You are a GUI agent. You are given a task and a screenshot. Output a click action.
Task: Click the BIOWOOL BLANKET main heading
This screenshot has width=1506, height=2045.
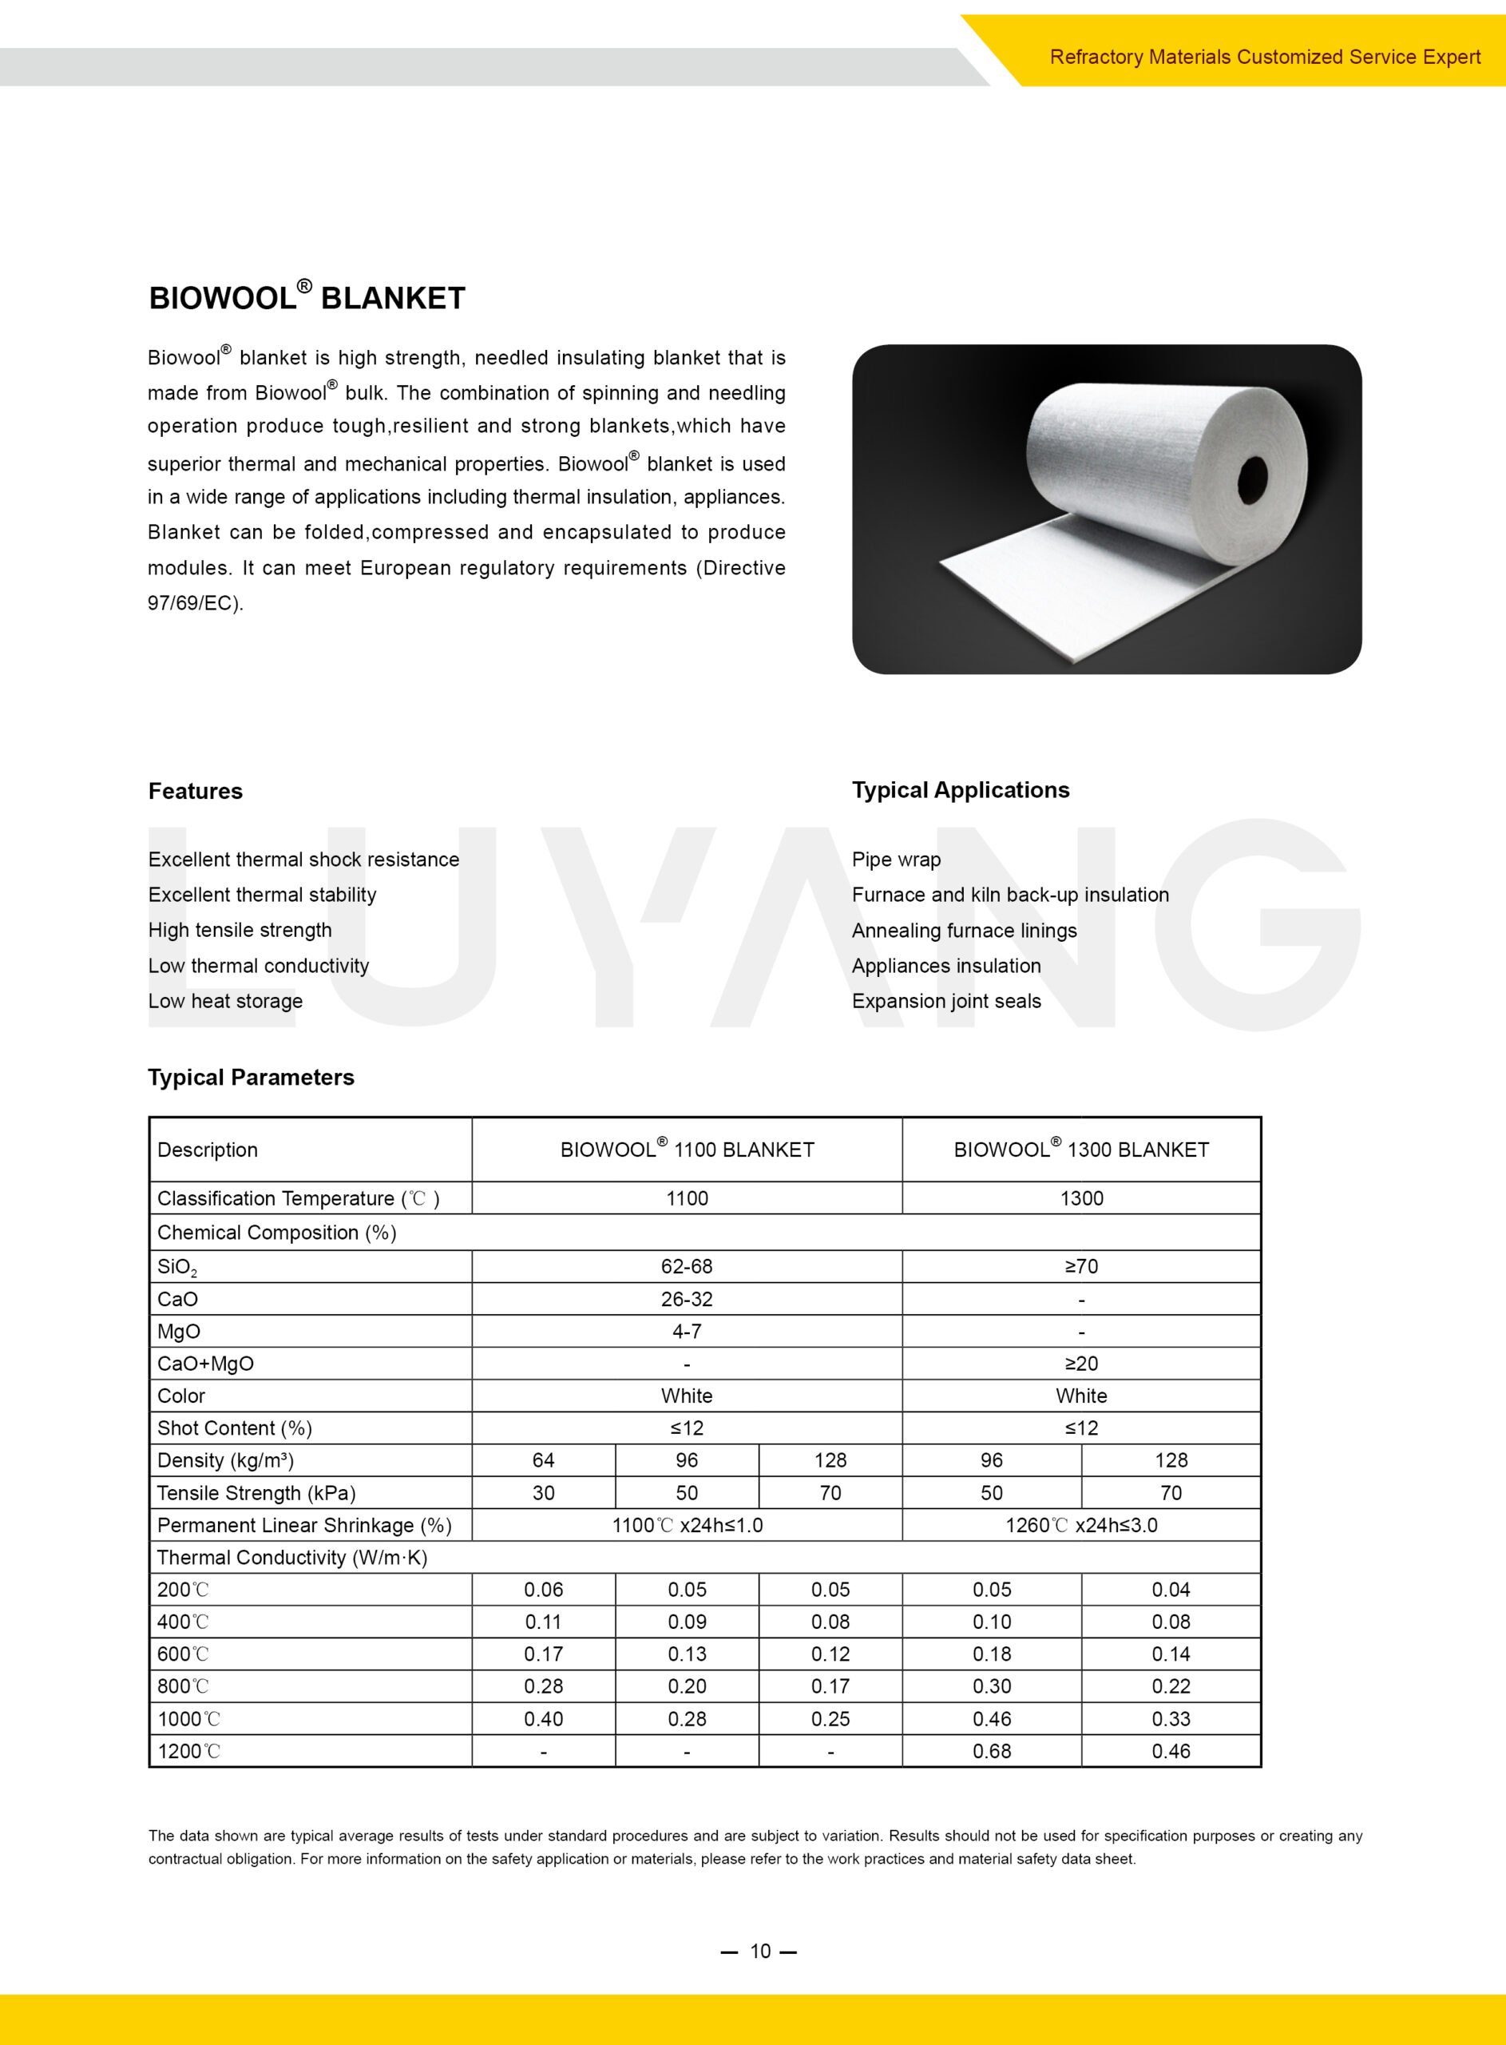307,297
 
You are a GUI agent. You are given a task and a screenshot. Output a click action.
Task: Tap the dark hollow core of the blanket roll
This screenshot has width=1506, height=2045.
1253,478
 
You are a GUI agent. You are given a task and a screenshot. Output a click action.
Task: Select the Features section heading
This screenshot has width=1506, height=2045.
195,791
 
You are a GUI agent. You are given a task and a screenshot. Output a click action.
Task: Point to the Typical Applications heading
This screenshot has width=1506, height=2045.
960,789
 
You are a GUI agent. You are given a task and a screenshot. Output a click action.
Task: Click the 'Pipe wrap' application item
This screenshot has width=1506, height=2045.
896,859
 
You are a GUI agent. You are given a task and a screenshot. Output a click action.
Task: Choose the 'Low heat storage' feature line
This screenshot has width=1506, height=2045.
225,1000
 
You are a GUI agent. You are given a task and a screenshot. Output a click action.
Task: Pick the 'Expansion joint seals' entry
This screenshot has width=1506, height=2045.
946,1000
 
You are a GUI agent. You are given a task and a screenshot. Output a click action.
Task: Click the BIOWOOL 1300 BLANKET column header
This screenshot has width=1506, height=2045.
1081,1149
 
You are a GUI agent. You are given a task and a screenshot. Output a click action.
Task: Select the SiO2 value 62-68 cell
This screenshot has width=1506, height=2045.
687,1265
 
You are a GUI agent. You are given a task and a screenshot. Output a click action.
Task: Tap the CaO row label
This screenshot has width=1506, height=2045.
178,1298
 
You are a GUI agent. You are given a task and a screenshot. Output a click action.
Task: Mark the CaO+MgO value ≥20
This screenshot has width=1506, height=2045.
1081,1363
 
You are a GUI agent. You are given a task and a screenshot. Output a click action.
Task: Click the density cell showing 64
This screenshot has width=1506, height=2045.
543,1459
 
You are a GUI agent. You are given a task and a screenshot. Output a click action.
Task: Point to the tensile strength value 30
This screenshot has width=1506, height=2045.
543,1492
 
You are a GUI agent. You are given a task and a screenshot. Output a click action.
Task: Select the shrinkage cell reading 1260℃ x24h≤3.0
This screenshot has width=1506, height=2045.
1081,1524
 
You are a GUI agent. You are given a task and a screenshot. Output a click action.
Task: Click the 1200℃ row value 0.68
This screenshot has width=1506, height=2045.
992,1750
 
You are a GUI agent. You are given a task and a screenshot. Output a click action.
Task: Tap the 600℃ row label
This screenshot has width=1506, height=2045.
183,1654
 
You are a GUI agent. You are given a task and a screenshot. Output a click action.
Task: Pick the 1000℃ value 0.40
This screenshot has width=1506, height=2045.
543,1718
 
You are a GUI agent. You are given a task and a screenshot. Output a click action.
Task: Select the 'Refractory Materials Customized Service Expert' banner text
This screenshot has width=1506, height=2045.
1264,57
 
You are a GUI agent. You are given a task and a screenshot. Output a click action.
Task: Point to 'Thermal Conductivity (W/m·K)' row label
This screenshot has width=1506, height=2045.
291,1557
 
